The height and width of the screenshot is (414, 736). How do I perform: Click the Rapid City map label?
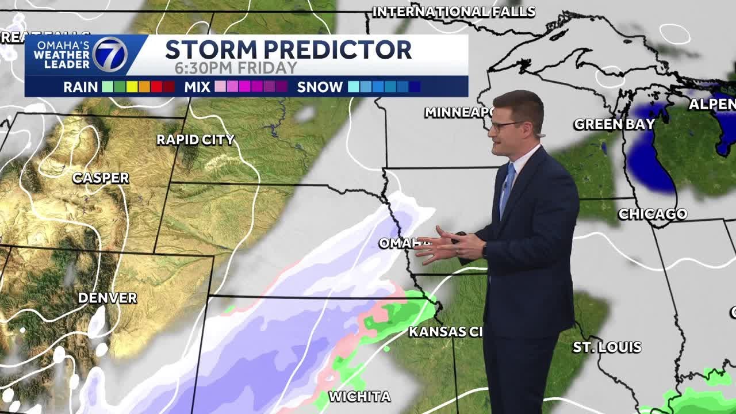click(x=195, y=140)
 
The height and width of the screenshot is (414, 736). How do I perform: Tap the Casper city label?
click(x=101, y=178)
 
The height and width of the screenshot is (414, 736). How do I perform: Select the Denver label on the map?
click(x=108, y=298)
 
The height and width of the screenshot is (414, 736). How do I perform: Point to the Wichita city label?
click(x=359, y=396)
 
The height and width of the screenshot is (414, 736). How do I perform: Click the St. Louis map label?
click(x=607, y=347)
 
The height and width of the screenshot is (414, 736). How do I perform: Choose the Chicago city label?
click(x=653, y=214)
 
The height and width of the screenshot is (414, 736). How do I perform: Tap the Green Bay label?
click(x=614, y=124)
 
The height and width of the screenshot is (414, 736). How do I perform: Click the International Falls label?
click(x=454, y=11)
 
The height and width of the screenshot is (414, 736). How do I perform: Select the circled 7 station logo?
click(x=110, y=55)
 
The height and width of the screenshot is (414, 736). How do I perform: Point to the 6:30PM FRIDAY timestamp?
click(x=236, y=68)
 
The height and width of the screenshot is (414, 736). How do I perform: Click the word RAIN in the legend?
click(x=80, y=87)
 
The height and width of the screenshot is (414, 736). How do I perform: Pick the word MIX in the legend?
click(x=198, y=87)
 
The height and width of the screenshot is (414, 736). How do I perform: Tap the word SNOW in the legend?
click(x=320, y=87)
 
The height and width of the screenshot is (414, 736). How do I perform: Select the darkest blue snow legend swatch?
click(x=414, y=87)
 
